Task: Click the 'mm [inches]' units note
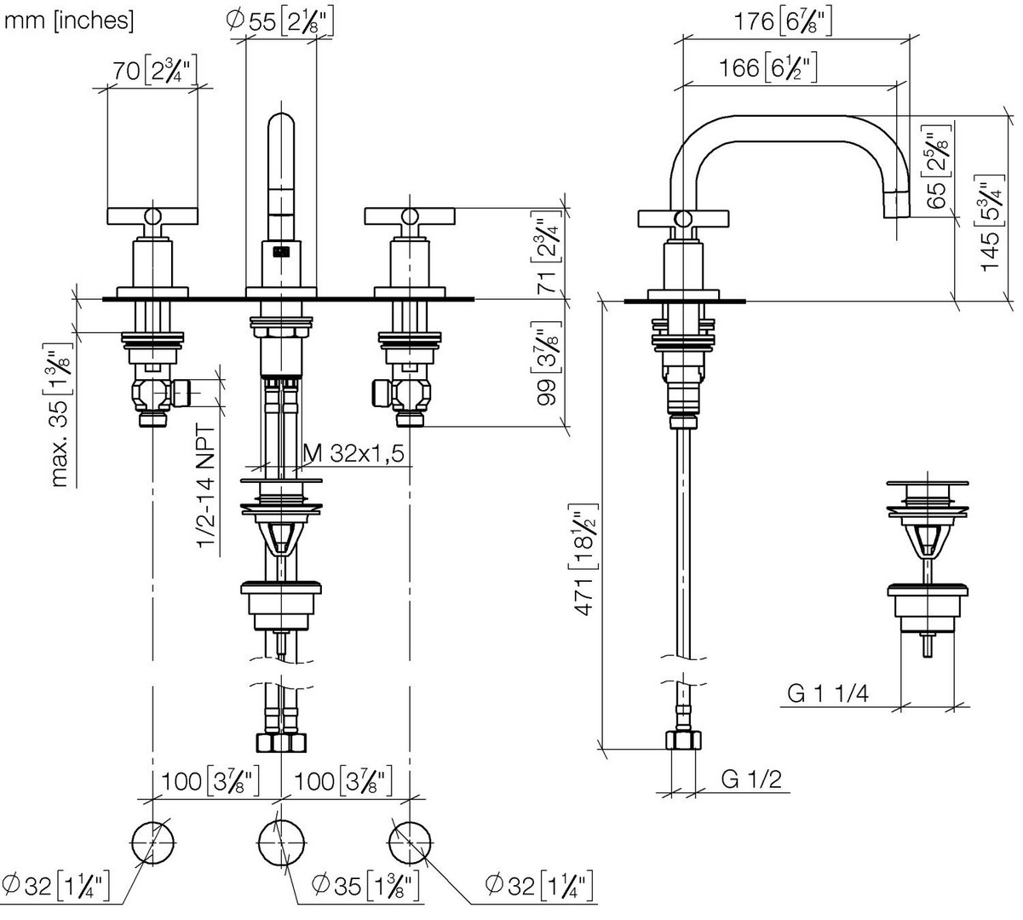click(x=69, y=21)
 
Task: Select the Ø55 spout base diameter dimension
click(x=279, y=21)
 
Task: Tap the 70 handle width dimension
click(x=154, y=70)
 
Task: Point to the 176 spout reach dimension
click(x=783, y=21)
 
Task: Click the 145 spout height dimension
click(x=990, y=223)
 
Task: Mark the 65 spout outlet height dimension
click(x=936, y=166)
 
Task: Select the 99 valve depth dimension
click(x=546, y=363)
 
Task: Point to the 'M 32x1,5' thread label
click(x=353, y=453)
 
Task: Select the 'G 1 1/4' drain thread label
click(x=828, y=693)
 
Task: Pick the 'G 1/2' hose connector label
click(x=751, y=779)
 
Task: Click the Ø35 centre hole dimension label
click(x=365, y=885)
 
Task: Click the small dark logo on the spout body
click(x=281, y=252)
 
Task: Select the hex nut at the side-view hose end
click(x=683, y=740)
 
